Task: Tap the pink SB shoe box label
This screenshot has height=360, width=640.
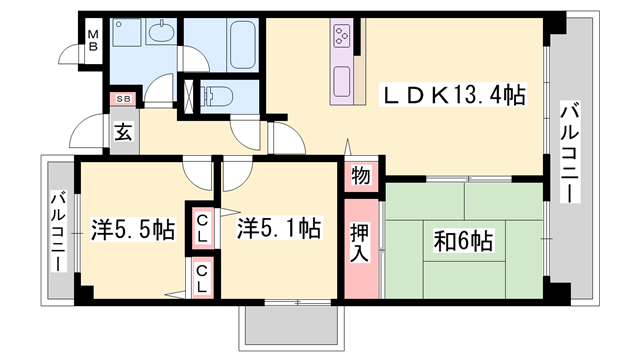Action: click(x=124, y=99)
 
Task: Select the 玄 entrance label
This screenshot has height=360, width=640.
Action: click(x=121, y=131)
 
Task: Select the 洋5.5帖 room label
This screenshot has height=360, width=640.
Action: click(x=133, y=230)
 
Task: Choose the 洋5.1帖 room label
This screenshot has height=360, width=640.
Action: click(x=279, y=229)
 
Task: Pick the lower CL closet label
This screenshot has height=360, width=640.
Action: click(x=202, y=278)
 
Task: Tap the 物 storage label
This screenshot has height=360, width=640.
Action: click(x=360, y=175)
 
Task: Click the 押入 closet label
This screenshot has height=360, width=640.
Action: click(x=361, y=244)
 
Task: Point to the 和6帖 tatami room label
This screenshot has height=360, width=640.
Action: click(x=461, y=242)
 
